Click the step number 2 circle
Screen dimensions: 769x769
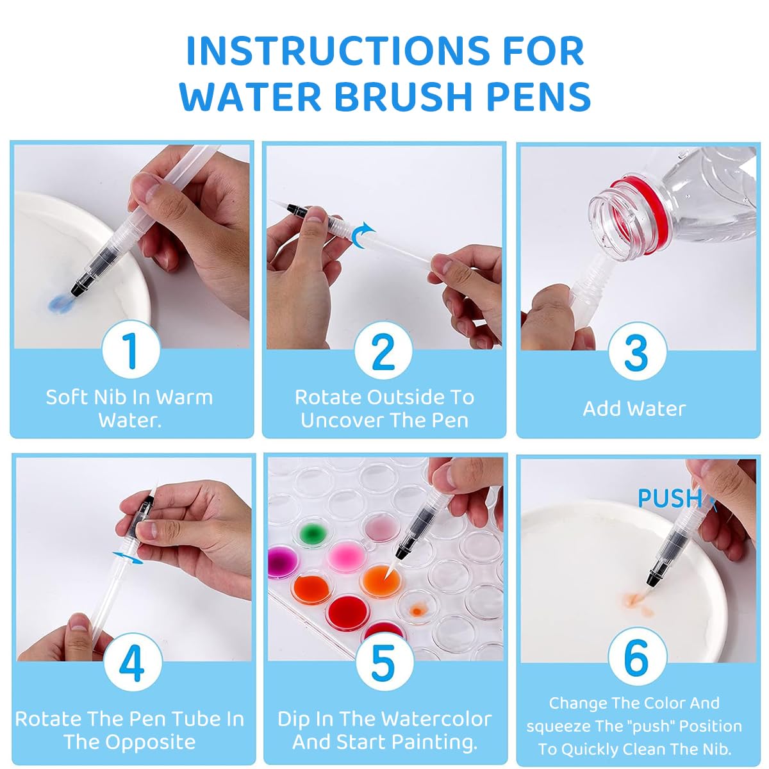coord(383,351)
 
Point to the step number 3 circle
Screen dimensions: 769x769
coord(637,351)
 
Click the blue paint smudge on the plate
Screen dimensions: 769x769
coord(60,304)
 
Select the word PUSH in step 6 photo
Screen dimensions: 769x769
coord(670,499)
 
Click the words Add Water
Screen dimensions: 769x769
coord(634,409)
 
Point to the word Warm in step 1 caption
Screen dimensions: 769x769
coord(185,397)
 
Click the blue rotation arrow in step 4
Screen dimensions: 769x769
coord(128,558)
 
